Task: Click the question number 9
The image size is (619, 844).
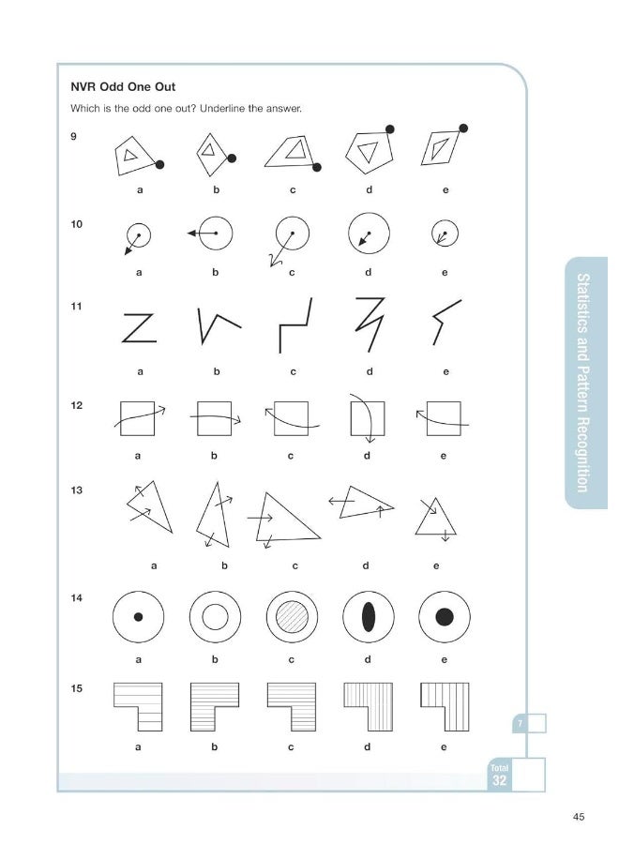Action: click(74, 137)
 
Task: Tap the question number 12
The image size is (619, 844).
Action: click(77, 406)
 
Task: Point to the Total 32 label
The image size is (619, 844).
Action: click(500, 775)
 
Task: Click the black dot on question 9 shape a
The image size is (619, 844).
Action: click(160, 164)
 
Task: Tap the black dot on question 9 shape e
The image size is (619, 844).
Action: click(462, 128)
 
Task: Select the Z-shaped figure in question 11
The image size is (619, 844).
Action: click(139, 328)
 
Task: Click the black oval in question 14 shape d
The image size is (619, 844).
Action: click(369, 616)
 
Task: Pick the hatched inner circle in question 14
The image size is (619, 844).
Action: click(292, 616)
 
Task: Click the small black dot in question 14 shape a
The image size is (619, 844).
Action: click(139, 617)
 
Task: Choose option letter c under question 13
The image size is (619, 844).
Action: click(294, 566)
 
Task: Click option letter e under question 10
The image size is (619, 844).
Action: click(445, 273)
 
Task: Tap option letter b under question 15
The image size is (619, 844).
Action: click(215, 747)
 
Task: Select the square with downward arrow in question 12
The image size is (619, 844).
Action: click(367, 417)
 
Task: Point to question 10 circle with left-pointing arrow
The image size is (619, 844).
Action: click(215, 233)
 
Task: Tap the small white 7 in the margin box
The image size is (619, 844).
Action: click(519, 723)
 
